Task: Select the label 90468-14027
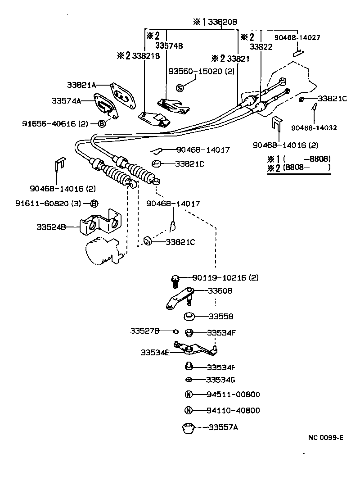click(x=297, y=38)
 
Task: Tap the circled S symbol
click(x=180, y=88)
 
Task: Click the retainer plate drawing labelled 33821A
click(x=122, y=95)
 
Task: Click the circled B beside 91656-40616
click(x=102, y=123)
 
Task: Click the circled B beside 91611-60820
click(x=94, y=204)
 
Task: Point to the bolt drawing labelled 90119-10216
click(x=175, y=281)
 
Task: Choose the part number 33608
click(x=220, y=291)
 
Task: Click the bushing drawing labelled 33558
click(x=189, y=316)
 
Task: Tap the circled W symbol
click(x=189, y=395)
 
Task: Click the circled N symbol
click(x=189, y=410)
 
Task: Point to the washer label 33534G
click(x=220, y=379)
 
